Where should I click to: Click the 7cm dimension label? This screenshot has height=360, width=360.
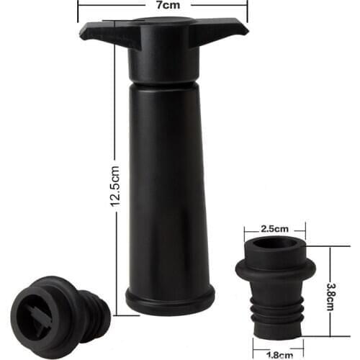tap(162, 5)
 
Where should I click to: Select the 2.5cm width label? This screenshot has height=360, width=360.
tap(274, 228)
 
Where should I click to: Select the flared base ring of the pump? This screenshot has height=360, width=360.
tap(169, 300)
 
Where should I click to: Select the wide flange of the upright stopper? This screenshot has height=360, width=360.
tap(275, 271)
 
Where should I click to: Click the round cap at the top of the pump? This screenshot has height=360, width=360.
tap(164, 22)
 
